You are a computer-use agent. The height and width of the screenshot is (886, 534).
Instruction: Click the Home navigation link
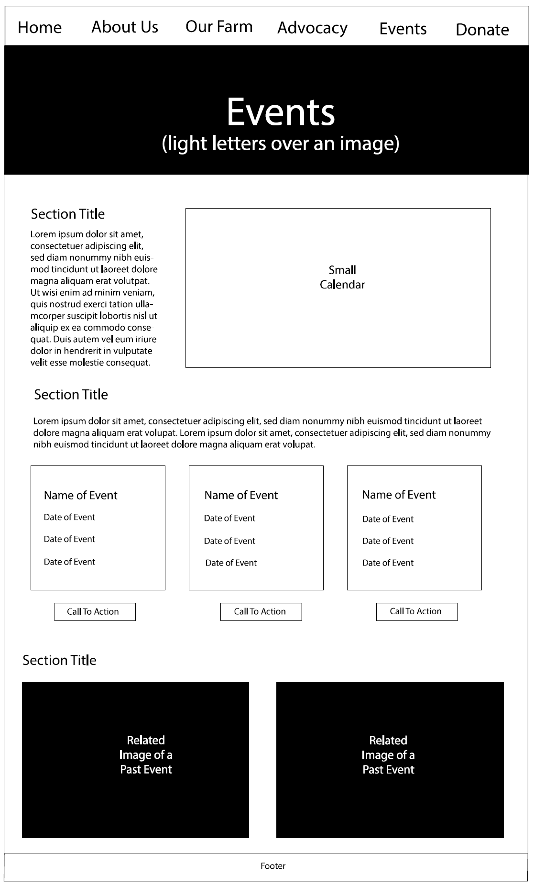click(x=40, y=28)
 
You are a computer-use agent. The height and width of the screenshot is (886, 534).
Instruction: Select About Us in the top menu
click(x=125, y=27)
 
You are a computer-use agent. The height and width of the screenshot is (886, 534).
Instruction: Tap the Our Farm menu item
click(x=219, y=27)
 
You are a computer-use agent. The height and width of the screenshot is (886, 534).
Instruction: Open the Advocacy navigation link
click(x=312, y=28)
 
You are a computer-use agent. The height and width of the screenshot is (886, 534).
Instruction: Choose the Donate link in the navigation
click(x=482, y=30)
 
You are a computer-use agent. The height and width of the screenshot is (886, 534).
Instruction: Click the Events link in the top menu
click(x=403, y=29)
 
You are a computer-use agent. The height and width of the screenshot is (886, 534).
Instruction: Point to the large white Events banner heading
click(x=281, y=112)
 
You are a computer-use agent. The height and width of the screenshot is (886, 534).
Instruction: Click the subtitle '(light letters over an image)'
click(x=281, y=144)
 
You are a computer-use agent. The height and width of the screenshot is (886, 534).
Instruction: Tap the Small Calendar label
click(x=342, y=277)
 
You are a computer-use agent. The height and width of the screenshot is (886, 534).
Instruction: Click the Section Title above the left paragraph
click(x=68, y=214)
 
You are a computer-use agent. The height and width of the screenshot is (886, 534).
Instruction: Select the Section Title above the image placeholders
click(x=59, y=660)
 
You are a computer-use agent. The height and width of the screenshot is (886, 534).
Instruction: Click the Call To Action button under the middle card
click(x=261, y=612)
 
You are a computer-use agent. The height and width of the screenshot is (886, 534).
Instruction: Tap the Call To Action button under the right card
click(x=416, y=611)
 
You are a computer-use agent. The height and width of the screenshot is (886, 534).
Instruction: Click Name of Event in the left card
click(x=80, y=495)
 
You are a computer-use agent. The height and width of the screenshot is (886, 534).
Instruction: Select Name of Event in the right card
click(x=399, y=495)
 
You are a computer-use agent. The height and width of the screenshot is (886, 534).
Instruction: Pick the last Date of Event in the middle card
click(x=231, y=563)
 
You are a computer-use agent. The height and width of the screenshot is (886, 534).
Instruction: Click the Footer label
click(x=273, y=866)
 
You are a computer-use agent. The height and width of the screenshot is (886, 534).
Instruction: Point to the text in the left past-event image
click(x=146, y=755)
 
